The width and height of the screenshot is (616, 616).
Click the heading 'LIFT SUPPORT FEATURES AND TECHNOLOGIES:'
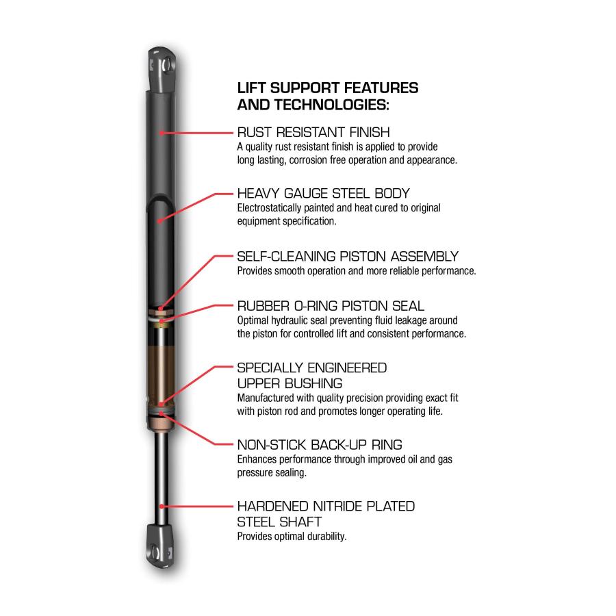pyautogui.click(x=328, y=97)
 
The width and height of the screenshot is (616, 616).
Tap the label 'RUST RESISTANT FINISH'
pyautogui.click(x=313, y=132)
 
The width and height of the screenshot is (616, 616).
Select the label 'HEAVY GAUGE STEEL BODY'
pyautogui.click(x=323, y=193)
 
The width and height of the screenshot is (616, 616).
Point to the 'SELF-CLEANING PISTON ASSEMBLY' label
pyautogui.click(x=348, y=256)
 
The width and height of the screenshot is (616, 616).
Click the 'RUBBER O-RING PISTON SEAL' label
pyautogui.click(x=331, y=306)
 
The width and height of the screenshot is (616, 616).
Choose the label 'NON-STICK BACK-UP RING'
pyautogui.click(x=320, y=445)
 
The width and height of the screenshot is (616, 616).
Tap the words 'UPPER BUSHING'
pyautogui.click(x=290, y=383)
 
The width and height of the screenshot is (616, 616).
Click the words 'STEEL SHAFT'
pyautogui.click(x=279, y=522)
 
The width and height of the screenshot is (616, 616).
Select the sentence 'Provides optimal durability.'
pyautogui.click(x=292, y=537)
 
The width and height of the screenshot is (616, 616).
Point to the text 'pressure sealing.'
pyautogui.click(x=272, y=472)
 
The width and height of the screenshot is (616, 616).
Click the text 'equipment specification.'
pyautogui.click(x=287, y=221)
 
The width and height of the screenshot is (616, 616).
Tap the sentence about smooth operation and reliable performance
pyautogui.click(x=357, y=271)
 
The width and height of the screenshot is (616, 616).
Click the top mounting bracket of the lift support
pyautogui.click(x=162, y=70)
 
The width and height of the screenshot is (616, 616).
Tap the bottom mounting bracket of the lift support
pyautogui.click(x=160, y=546)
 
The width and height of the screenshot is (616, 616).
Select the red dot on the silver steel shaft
pyautogui.click(x=162, y=506)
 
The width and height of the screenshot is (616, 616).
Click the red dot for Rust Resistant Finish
pyautogui.click(x=162, y=133)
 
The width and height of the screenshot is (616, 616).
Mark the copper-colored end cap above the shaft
pyautogui.click(x=160, y=424)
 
